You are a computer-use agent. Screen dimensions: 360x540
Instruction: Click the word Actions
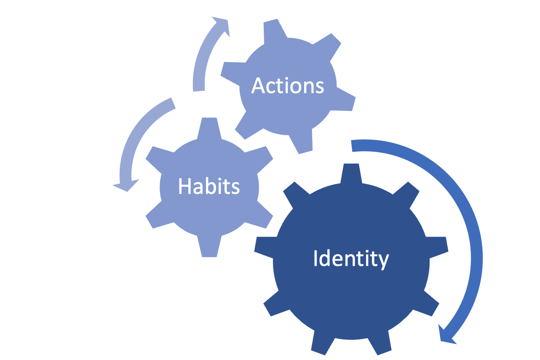pyautogui.click(x=288, y=86)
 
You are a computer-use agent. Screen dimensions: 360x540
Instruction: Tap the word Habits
pyautogui.click(x=209, y=186)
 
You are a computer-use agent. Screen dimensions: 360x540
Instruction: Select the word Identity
pyautogui.click(x=351, y=258)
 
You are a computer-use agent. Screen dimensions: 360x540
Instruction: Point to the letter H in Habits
pyautogui.click(x=184, y=186)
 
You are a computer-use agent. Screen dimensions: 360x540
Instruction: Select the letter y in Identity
pyautogui.click(x=383, y=261)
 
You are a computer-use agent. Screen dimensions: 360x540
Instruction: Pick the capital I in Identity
pyautogui.click(x=315, y=258)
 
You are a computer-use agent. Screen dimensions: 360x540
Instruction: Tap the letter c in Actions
pyautogui.click(x=272, y=87)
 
